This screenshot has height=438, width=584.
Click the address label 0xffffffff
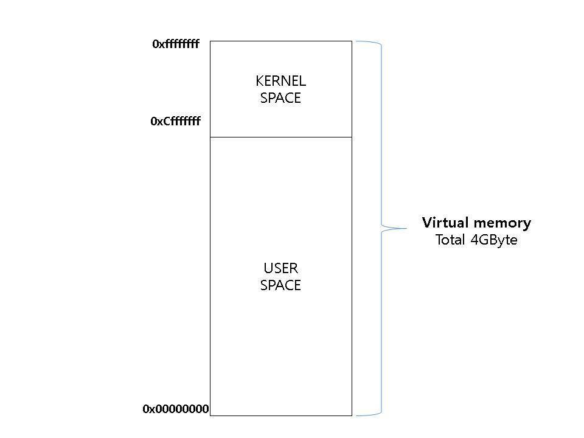click(176, 44)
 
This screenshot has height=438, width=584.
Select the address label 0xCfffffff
click(175, 122)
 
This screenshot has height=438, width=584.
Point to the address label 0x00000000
click(176, 409)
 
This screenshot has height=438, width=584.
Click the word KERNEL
click(280, 81)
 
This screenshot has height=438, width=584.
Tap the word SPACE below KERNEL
click(280, 98)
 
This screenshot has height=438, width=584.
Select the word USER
click(280, 268)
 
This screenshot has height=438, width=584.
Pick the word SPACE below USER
click(280, 285)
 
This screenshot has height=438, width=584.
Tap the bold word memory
click(506, 223)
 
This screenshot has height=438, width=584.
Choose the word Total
click(450, 240)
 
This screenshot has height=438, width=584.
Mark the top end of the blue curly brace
click(356, 41)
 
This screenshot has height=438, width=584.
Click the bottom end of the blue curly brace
click(356, 415)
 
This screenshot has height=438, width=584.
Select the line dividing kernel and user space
click(280, 137)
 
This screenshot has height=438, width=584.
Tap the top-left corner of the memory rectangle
click(210, 41)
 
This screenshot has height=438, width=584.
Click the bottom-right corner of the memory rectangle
click(352, 415)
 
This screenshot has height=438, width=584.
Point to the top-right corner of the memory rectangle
click(352, 41)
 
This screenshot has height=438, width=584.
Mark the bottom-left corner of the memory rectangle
click(210, 415)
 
